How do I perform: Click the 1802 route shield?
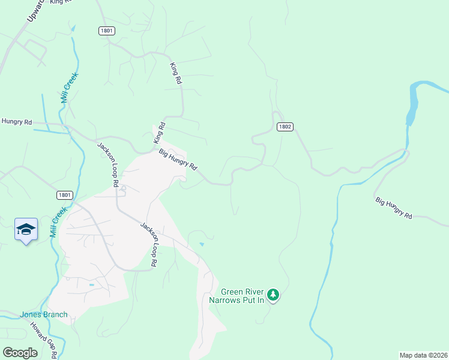(285, 127)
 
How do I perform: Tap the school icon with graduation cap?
(26, 230)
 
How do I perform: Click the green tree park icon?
(274, 294)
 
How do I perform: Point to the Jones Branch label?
(44, 314)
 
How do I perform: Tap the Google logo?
(20, 352)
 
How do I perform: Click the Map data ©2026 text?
(423, 355)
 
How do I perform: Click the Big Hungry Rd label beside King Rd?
(178, 160)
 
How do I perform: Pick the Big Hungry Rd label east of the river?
(394, 208)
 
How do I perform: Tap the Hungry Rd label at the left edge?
(16, 122)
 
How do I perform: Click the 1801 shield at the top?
(107, 31)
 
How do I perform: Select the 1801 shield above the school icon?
(65, 195)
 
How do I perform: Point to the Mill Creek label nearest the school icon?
(56, 223)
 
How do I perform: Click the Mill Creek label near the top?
(70, 88)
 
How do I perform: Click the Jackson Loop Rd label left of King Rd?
(109, 164)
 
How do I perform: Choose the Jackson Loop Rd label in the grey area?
(149, 244)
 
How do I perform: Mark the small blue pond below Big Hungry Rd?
(202, 244)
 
